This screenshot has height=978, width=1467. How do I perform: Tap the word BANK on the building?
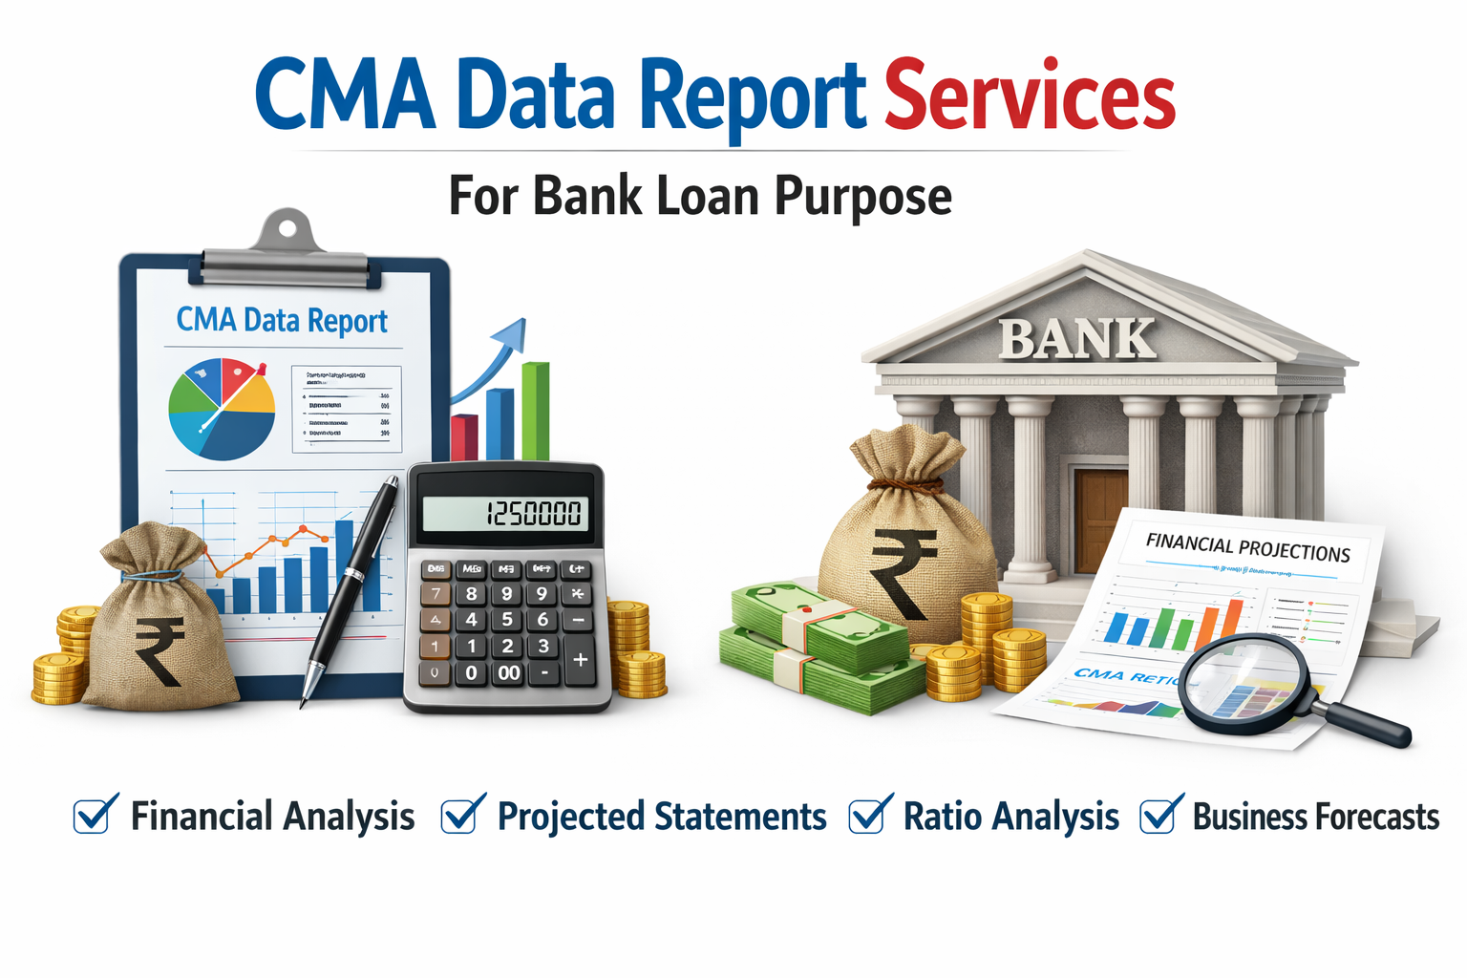pyautogui.click(x=1077, y=339)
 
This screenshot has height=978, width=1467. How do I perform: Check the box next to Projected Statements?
pyautogui.click(x=460, y=815)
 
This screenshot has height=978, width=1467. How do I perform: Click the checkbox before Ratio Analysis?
pyautogui.click(x=868, y=815)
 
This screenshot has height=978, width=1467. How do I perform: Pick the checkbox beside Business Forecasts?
pyautogui.click(x=1159, y=815)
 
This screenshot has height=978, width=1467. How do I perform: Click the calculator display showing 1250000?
pyautogui.click(x=505, y=514)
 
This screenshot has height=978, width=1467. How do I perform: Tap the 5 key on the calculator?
pyautogui.click(x=507, y=619)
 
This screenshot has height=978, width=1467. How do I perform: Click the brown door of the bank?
pyautogui.click(x=1101, y=521)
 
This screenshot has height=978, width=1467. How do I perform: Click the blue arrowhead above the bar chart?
pyautogui.click(x=512, y=334)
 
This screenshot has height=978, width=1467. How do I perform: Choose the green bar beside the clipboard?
pyautogui.click(x=536, y=411)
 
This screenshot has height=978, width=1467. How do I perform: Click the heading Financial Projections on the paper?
pyautogui.click(x=1247, y=547)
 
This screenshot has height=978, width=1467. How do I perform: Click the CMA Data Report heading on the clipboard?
pyautogui.click(x=282, y=321)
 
